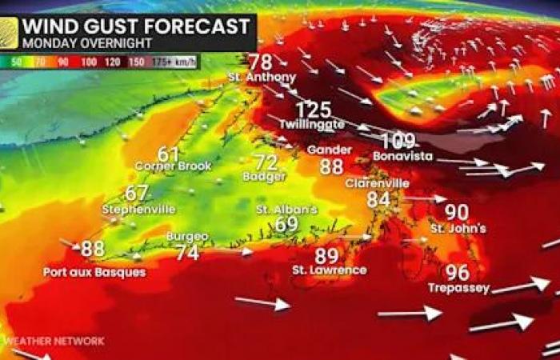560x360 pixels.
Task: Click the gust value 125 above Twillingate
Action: tap(314, 110)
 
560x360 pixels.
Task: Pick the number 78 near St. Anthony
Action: tap(260, 62)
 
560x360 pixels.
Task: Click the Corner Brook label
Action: tap(173, 166)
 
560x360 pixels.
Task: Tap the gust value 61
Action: tap(168, 153)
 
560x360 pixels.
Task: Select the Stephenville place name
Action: tap(138, 210)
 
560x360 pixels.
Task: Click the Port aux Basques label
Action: tap(94, 272)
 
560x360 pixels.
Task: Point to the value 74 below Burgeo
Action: tap(187, 252)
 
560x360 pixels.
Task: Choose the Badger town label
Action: tap(265, 176)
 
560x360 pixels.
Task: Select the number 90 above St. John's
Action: tap(456, 212)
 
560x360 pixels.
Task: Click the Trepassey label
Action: tap(458, 288)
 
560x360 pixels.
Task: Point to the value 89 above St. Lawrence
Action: tap(326, 256)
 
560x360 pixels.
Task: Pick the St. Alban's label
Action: tap(286, 210)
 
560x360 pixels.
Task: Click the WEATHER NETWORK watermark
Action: tap(54, 341)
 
